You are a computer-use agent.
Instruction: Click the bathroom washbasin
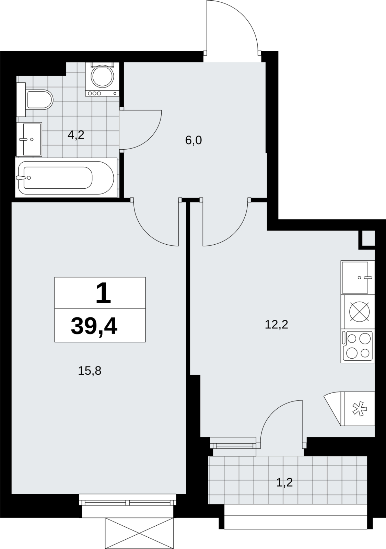30,139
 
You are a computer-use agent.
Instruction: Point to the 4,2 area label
76,135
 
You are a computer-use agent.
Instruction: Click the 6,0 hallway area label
194,140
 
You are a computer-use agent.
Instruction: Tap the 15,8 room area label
90,371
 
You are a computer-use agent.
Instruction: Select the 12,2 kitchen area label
277,325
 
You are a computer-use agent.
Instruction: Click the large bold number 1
103,293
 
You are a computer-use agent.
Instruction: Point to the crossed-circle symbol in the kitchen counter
359,311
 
